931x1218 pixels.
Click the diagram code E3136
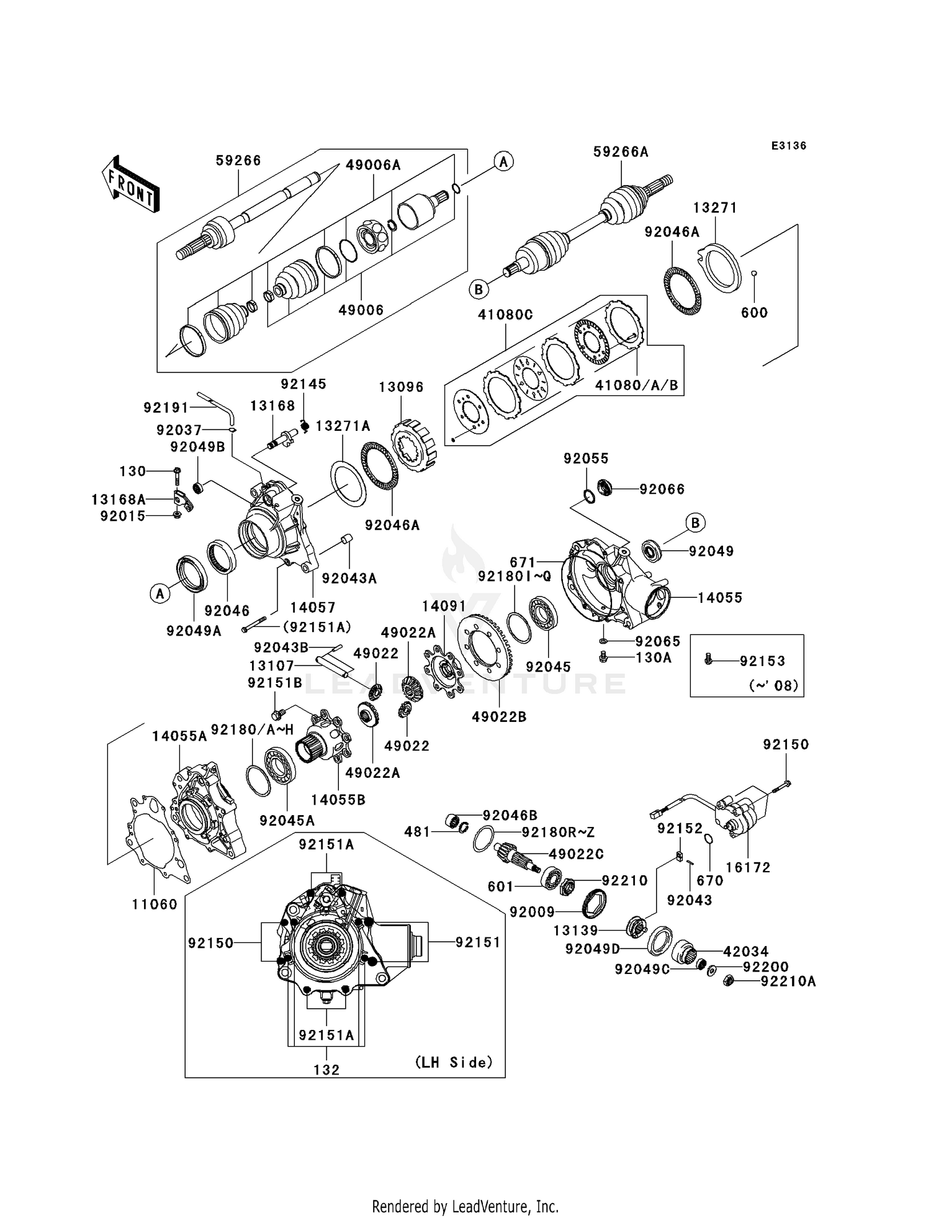(x=788, y=146)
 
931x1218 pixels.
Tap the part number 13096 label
(x=401, y=387)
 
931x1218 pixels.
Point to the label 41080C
(x=505, y=315)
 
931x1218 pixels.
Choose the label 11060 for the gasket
(x=155, y=904)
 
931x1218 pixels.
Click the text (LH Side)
(x=454, y=1062)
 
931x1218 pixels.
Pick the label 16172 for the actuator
(x=747, y=868)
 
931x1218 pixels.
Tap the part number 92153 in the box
(x=762, y=661)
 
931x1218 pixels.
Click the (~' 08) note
(x=773, y=686)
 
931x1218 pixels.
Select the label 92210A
(x=788, y=981)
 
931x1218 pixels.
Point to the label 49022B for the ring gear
(x=499, y=717)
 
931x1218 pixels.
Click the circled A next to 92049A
(x=160, y=594)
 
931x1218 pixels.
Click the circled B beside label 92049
(x=695, y=523)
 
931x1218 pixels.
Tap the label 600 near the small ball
(x=754, y=313)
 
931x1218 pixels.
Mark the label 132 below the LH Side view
(x=326, y=1070)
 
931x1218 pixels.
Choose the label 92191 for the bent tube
(x=166, y=408)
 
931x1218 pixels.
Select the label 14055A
(x=179, y=736)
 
